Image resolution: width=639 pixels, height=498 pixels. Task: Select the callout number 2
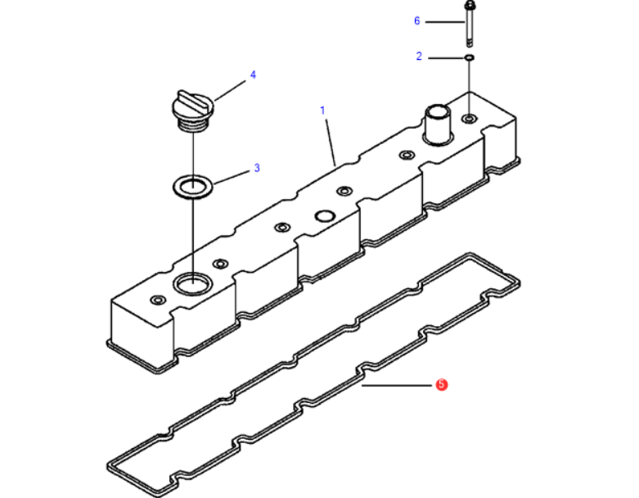419,57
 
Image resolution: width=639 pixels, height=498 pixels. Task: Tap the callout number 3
256,168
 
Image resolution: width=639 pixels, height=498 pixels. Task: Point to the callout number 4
253,75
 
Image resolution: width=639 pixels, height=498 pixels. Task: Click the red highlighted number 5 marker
441,384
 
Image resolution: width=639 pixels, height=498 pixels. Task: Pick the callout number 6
416,20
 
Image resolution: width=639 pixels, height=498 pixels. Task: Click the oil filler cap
191,110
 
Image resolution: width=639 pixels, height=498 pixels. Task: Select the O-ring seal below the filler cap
191,185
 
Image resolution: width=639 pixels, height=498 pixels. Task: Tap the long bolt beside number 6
469,25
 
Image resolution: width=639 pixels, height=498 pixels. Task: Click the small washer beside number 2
469,57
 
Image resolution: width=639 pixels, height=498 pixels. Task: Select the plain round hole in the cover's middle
325,216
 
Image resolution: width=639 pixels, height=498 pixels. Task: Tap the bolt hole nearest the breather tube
405,155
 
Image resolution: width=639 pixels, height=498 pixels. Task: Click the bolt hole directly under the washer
468,120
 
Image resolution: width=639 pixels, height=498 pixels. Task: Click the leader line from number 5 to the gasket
397,384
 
